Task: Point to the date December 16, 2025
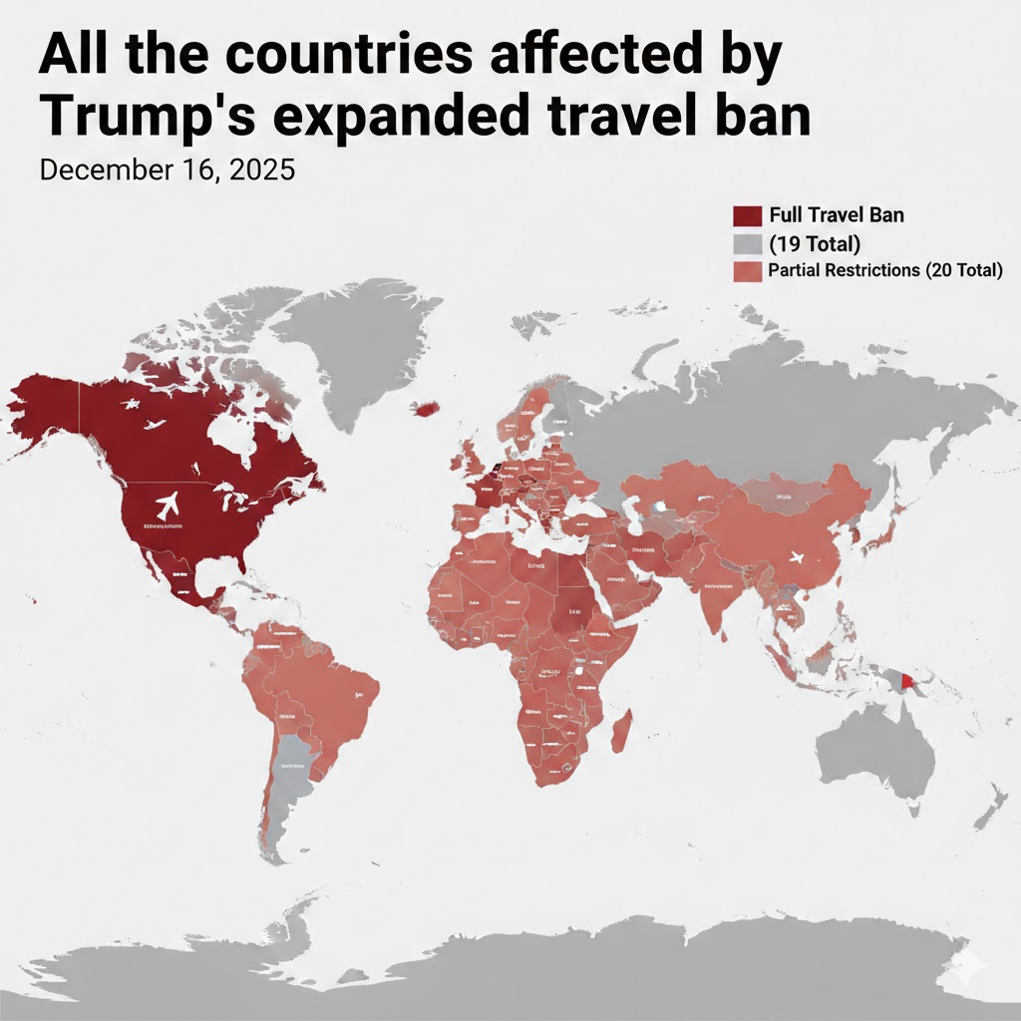[x=167, y=170]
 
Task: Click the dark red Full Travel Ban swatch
[x=747, y=215]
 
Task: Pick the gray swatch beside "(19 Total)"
[x=747, y=243]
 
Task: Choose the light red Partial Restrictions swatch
[x=747, y=270]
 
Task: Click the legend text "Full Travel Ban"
[x=837, y=215]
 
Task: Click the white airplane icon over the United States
[x=167, y=505]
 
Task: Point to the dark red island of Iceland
[x=429, y=408]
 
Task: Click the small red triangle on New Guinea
[x=904, y=682]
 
